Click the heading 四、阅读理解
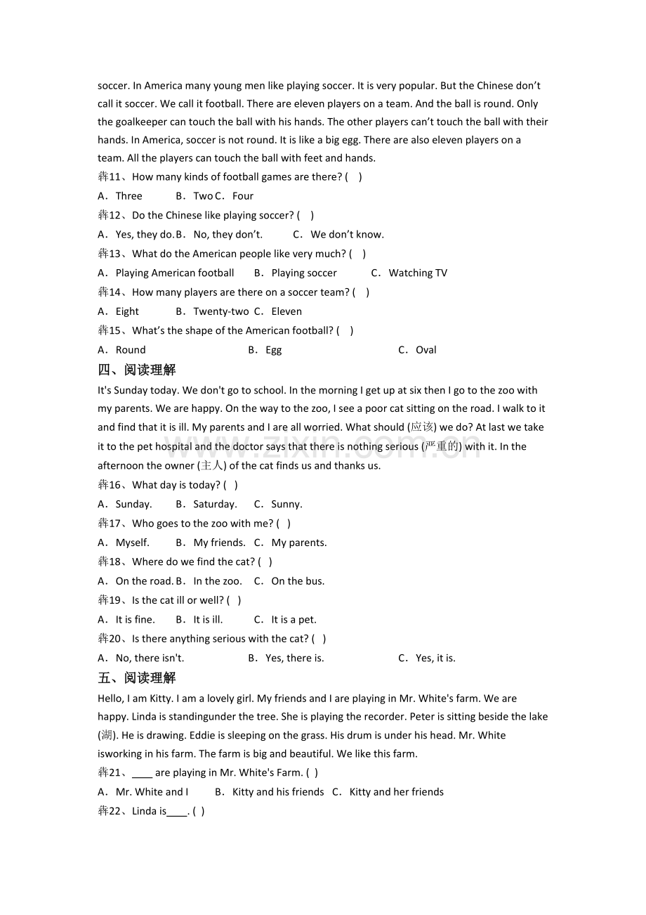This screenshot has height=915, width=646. coord(137,370)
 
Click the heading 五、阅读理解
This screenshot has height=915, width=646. coord(137,677)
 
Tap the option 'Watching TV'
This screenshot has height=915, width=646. coord(418,273)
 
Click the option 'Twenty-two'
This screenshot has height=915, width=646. coord(220,311)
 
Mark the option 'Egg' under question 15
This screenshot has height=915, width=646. coord(273,350)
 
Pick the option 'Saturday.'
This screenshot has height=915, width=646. coord(215,504)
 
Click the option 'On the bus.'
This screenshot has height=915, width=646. coord(298,581)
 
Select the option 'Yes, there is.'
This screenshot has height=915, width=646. coord(294,658)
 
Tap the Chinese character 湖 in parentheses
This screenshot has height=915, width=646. coord(107,735)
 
